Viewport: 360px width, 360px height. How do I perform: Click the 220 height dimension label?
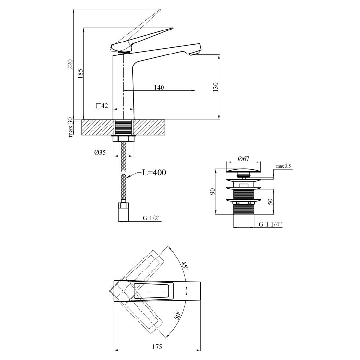(70, 64)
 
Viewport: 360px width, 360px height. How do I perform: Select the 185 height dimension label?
(80, 73)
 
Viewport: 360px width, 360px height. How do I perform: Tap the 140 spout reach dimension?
(159, 87)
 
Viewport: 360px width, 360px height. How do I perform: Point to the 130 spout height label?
(216, 87)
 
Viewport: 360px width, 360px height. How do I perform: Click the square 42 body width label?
(102, 106)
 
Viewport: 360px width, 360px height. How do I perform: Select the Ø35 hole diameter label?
(100, 152)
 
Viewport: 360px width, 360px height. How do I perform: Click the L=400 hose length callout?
(154, 173)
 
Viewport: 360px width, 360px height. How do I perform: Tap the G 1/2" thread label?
(152, 218)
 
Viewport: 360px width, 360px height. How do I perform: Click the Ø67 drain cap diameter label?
(244, 159)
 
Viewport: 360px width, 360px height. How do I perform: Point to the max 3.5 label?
(283, 166)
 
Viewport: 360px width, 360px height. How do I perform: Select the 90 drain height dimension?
(212, 191)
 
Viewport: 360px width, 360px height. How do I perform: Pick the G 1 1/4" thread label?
(270, 224)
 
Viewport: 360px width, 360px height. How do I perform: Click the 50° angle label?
(177, 315)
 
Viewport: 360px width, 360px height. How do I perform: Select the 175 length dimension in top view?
(157, 347)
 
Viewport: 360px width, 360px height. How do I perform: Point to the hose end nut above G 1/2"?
(123, 205)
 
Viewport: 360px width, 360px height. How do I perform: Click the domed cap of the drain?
(243, 170)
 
